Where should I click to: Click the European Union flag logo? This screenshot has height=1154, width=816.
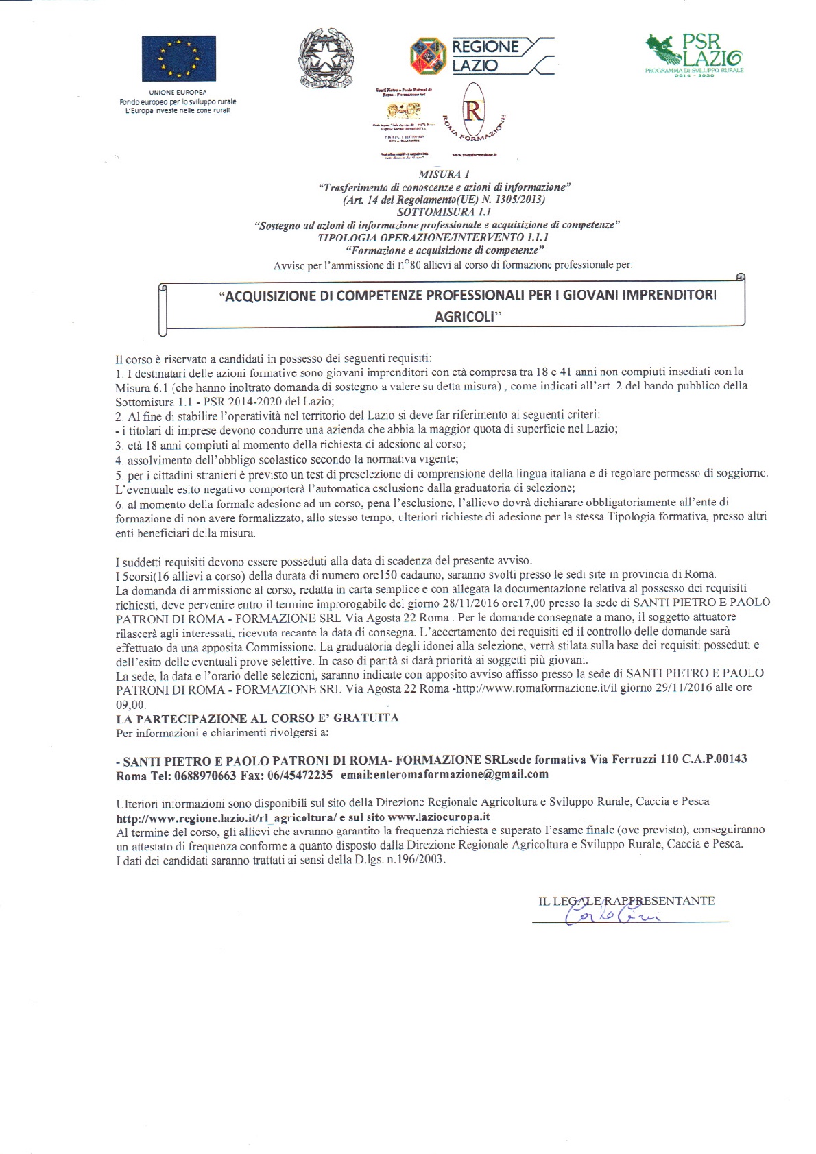pos(178,59)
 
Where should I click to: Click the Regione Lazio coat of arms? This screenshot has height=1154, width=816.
pos(428,56)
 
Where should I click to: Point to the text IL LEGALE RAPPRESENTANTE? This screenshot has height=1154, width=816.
pos(627,900)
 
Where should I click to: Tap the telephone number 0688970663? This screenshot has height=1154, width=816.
pos(205,775)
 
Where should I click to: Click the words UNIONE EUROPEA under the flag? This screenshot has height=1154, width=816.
pos(178,92)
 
